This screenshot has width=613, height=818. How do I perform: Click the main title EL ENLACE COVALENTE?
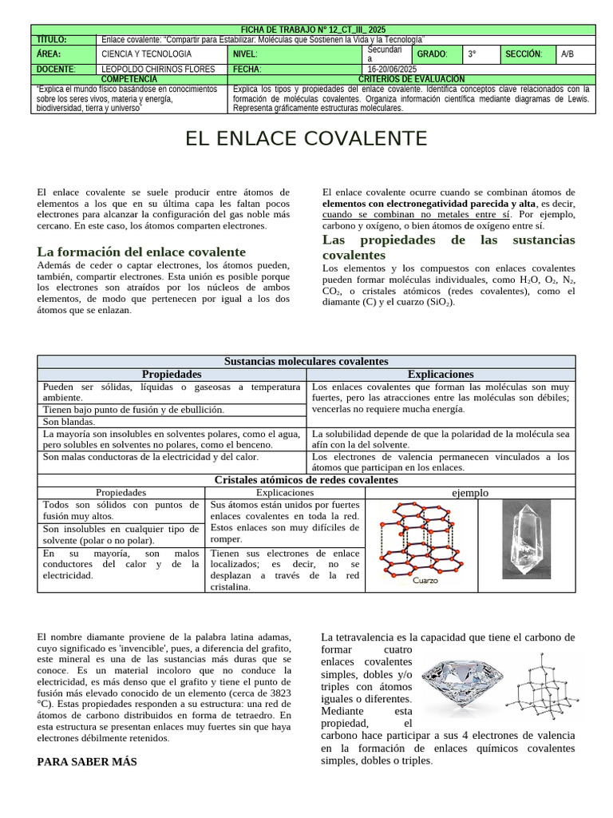tap(306, 139)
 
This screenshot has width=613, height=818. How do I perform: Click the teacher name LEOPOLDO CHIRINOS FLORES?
tap(159, 69)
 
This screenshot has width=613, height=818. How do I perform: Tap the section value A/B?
tap(568, 54)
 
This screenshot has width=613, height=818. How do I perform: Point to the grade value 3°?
tap(473, 54)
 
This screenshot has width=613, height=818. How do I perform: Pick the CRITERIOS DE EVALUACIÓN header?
tap(412, 79)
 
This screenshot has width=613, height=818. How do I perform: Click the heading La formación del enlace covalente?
tap(141, 252)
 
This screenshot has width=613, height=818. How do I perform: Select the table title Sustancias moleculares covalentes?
tap(306, 362)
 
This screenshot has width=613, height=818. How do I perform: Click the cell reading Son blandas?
tap(69, 422)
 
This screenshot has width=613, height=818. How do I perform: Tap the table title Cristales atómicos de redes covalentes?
tap(306, 480)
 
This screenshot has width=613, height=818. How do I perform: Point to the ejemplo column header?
tap(470, 493)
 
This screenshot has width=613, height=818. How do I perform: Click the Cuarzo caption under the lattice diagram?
tap(425, 582)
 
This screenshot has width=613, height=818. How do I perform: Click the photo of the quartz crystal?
tap(526, 539)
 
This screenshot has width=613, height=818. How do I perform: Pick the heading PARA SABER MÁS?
tap(87, 762)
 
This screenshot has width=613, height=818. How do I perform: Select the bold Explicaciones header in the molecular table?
tap(441, 374)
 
